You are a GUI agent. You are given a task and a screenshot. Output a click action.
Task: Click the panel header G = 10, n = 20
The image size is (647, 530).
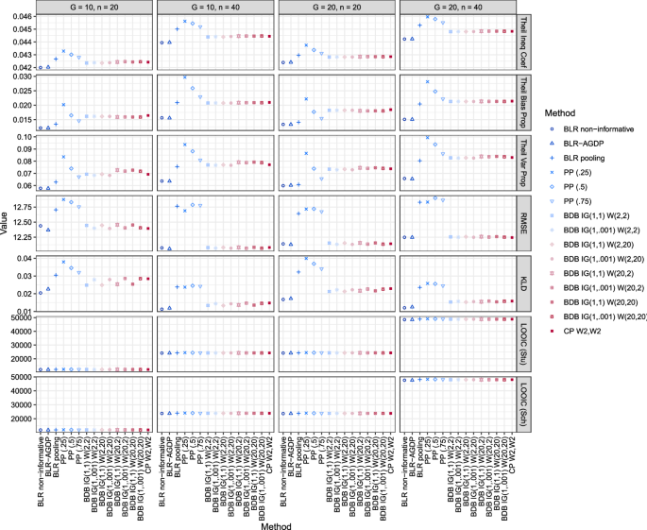tap(92, 7)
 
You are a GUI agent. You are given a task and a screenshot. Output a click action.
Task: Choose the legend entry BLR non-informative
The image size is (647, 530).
tap(604, 127)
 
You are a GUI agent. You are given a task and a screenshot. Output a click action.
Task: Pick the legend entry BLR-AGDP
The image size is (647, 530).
tap(596, 143)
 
